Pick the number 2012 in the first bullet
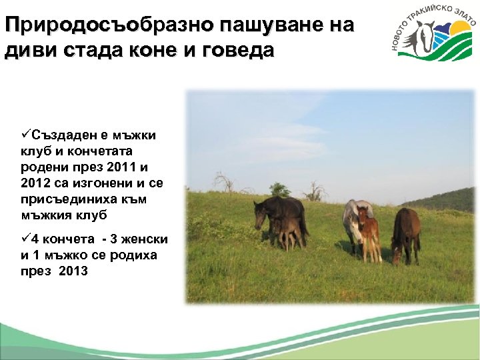(35, 183)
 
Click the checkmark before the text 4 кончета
(26, 239)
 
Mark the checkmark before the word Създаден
(26, 135)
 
